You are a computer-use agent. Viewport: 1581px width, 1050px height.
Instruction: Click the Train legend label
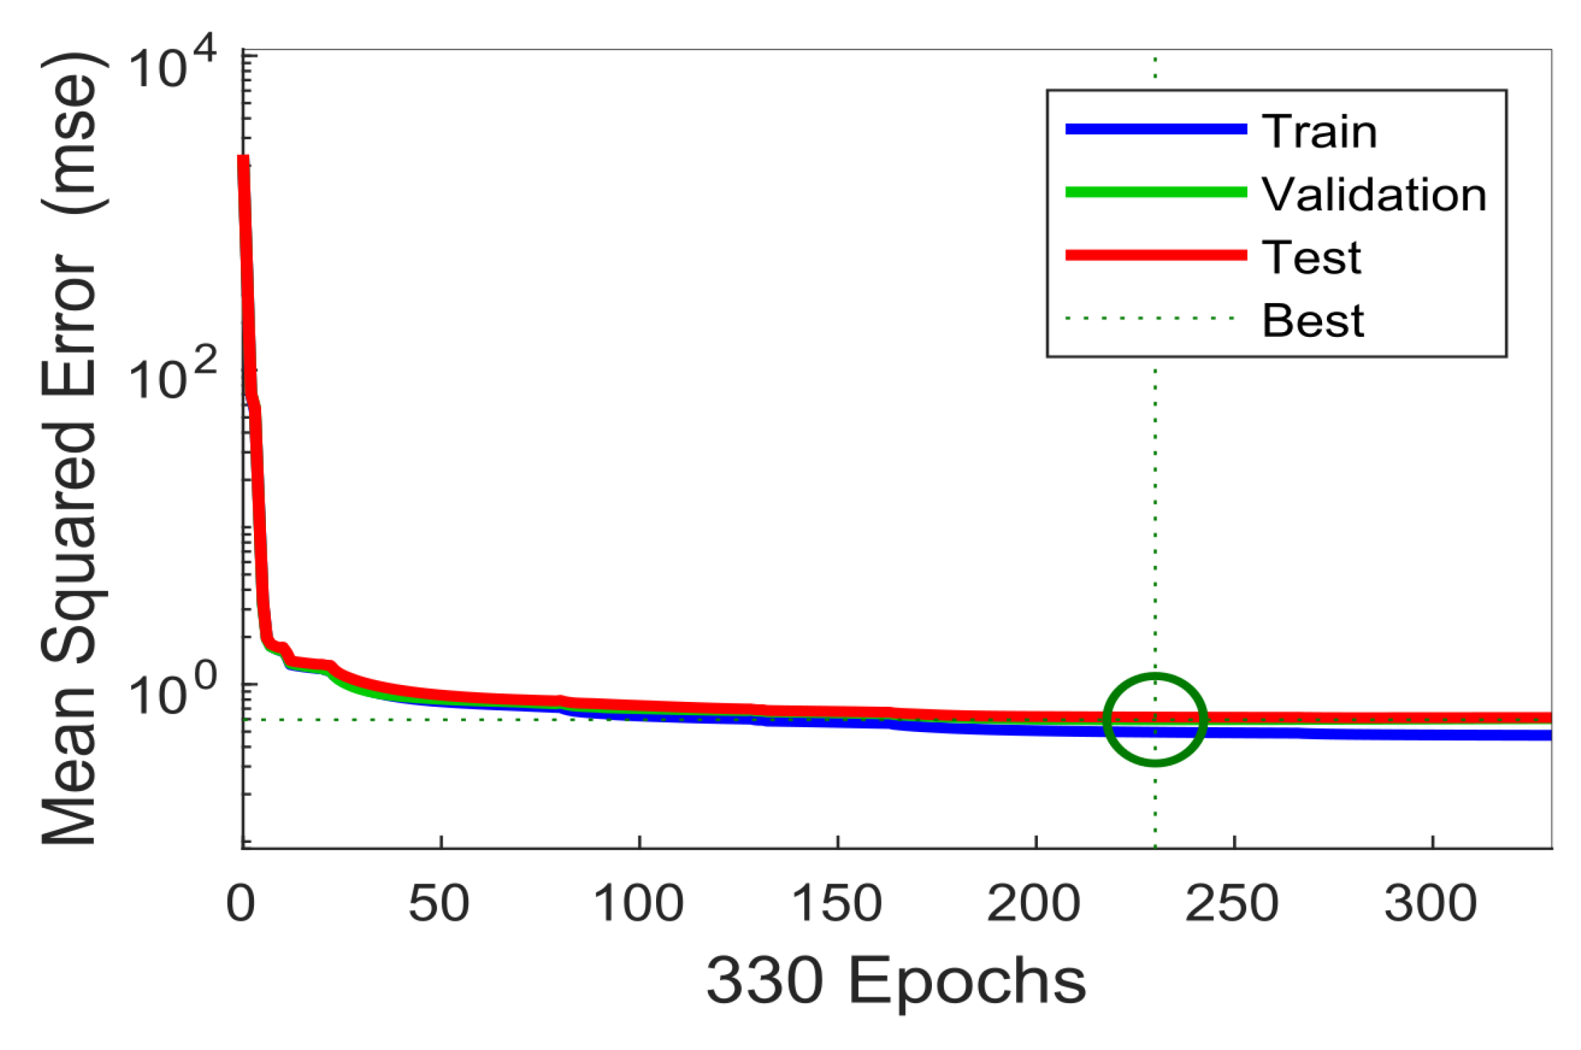(1319, 131)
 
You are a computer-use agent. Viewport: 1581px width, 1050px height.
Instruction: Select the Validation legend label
(1374, 194)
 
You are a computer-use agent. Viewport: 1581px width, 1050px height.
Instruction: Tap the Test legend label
(1311, 258)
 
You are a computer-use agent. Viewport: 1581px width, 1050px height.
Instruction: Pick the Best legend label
(1312, 321)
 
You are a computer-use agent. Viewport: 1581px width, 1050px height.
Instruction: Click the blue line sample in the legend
(1156, 129)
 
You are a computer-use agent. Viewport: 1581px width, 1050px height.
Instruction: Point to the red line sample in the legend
(1156, 255)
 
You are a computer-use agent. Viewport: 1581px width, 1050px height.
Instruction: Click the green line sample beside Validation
(1156, 192)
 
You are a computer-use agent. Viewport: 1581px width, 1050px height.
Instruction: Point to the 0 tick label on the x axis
(241, 903)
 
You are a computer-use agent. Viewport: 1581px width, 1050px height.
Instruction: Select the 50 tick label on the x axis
(439, 903)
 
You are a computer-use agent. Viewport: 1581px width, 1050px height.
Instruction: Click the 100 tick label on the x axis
(638, 903)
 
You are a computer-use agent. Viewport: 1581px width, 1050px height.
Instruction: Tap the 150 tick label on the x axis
(836, 903)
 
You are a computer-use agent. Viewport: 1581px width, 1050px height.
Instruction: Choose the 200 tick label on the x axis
(1034, 903)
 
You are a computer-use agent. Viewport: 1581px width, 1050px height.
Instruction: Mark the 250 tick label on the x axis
(1233, 903)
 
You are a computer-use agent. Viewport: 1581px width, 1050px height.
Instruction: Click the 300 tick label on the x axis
(1432, 903)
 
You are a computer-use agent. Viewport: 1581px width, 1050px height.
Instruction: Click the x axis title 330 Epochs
(896, 981)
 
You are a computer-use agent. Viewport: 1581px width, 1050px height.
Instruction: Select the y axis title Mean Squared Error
(70, 449)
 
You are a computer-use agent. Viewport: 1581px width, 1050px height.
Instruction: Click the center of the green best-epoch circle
(1155, 719)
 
